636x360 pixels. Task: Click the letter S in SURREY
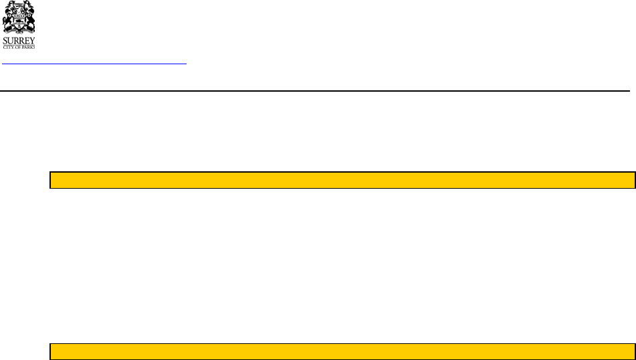[x=5, y=39]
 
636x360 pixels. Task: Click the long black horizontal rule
[x=315, y=90]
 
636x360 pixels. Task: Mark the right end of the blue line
[x=185, y=64]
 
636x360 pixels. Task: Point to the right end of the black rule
[x=629, y=90]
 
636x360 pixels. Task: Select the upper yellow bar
[x=342, y=180]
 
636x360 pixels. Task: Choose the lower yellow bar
[x=342, y=352]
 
